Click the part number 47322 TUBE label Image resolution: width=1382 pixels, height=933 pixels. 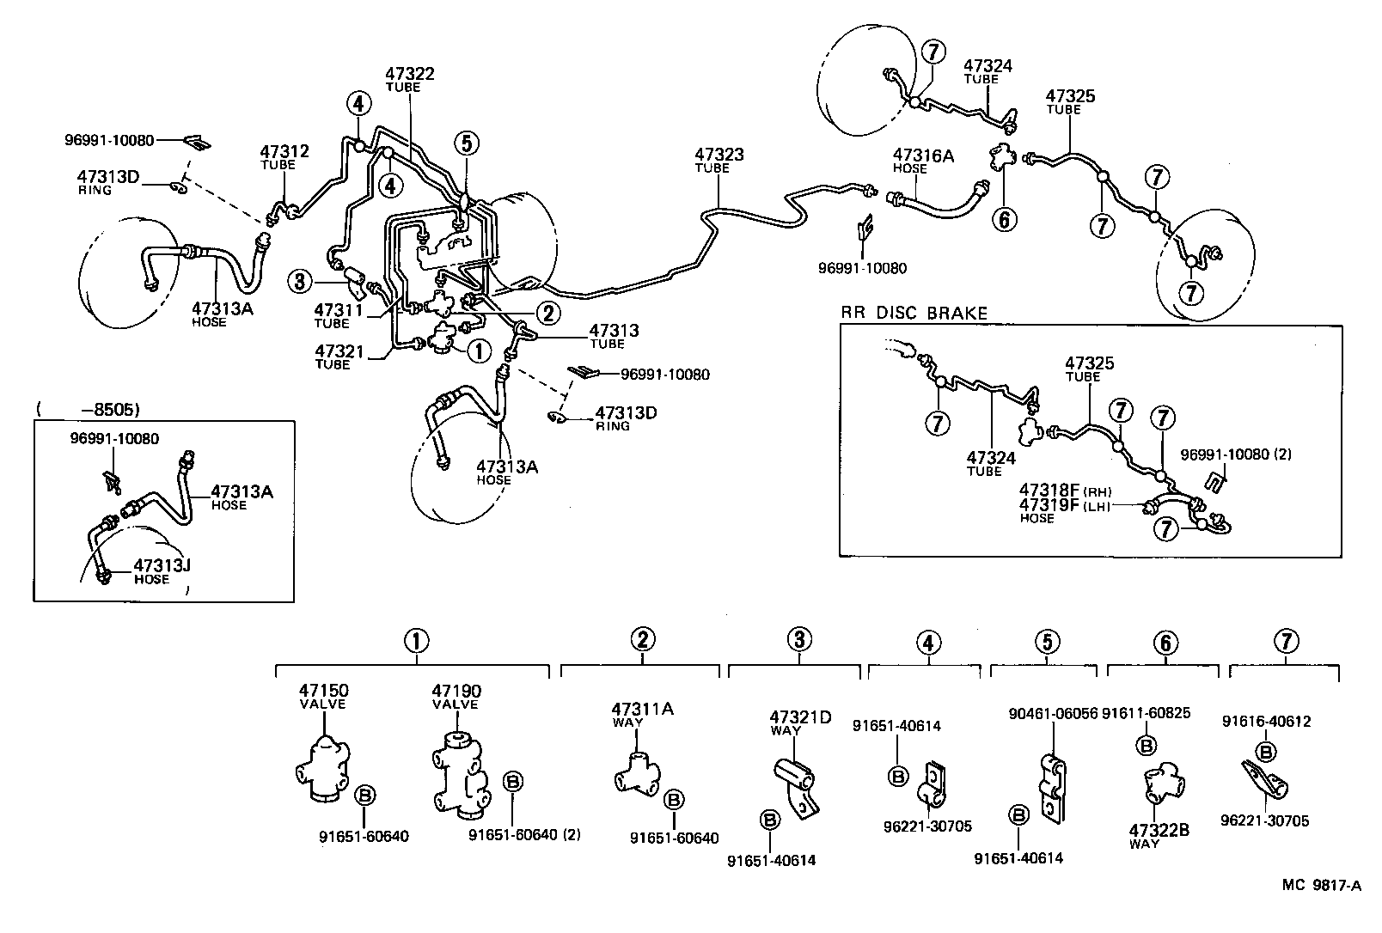coord(409,79)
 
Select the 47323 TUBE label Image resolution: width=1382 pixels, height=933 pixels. coord(719,160)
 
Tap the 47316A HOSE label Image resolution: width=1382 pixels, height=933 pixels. coord(922,161)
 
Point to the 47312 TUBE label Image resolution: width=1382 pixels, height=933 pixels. coord(284,157)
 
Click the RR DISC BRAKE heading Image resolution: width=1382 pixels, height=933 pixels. coord(914,314)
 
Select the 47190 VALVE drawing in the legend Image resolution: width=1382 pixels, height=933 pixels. coord(460,773)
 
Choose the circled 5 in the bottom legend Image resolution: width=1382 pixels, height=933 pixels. coord(1047,642)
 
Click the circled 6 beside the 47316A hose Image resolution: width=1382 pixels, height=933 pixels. coord(1003,219)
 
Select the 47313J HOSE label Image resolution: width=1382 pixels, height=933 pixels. coord(162,570)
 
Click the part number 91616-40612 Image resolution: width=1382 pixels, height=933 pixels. coord(1266,722)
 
